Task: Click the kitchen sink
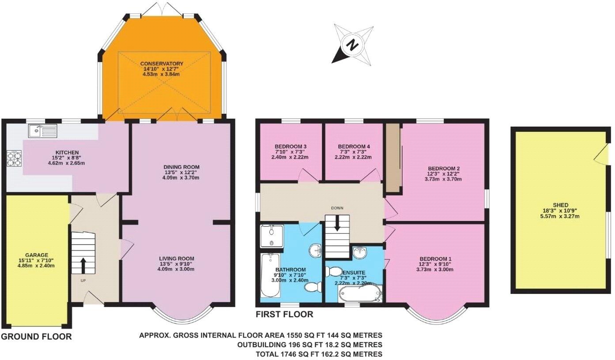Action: tap(42, 130)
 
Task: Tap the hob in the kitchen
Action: tap(14, 159)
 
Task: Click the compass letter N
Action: tap(352, 44)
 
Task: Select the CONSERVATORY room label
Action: tap(162, 64)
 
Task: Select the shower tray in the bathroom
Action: tap(272, 236)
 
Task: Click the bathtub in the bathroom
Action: tap(268, 276)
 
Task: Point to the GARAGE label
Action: tap(37, 255)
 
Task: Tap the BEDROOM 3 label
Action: tap(291, 146)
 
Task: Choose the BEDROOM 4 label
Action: tap(354, 146)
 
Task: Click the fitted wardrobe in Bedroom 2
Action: tap(393, 158)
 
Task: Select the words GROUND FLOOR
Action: tap(36, 337)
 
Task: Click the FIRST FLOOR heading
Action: tap(285, 315)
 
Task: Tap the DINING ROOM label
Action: tap(181, 167)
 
